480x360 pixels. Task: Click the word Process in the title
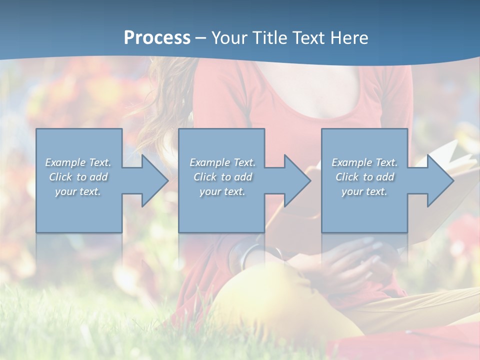tap(157, 37)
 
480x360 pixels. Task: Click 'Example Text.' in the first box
tap(78, 162)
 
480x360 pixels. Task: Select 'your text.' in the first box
tap(78, 191)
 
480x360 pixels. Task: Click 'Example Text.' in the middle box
tap(222, 162)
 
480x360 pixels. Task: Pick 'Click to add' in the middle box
tap(222, 177)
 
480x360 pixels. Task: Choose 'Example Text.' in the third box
tap(364, 162)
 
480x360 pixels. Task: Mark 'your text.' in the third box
tap(364, 191)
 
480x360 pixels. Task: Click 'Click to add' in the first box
tap(78, 177)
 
